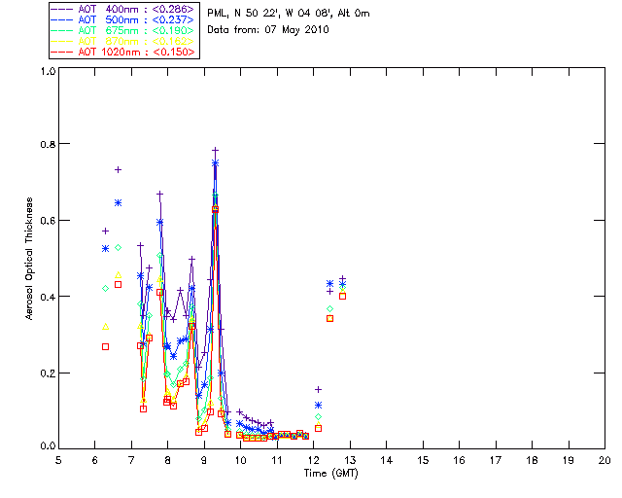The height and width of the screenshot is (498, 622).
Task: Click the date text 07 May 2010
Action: pyautogui.click(x=297, y=30)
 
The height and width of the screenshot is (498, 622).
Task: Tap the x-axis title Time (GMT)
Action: pyautogui.click(x=329, y=473)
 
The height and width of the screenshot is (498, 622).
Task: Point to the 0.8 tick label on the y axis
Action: pyautogui.click(x=46, y=145)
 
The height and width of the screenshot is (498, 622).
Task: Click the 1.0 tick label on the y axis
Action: pyautogui.click(x=46, y=71)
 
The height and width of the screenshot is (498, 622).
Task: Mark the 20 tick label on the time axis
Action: pyautogui.click(x=605, y=460)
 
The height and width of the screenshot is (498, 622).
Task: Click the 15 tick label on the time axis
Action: pyautogui.click(x=423, y=460)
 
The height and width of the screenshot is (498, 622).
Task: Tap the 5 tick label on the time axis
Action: pyautogui.click(x=58, y=460)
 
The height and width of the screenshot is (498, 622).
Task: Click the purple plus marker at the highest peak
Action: pyautogui.click(x=216, y=151)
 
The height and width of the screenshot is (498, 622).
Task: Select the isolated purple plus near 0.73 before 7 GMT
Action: pyautogui.click(x=118, y=170)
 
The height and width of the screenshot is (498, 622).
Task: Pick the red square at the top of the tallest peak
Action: pyautogui.click(x=216, y=209)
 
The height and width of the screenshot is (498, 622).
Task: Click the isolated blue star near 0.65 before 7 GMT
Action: pyautogui.click(x=118, y=202)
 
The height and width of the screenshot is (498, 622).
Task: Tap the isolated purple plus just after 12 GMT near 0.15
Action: pyautogui.click(x=318, y=389)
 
